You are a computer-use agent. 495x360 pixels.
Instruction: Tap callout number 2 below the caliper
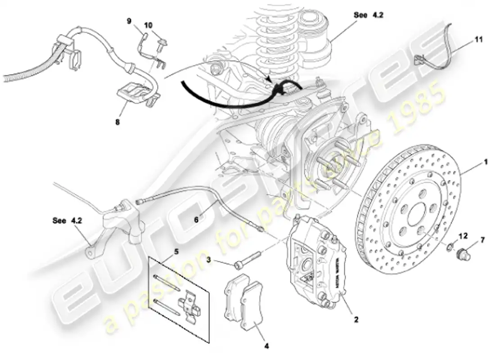[x=356, y=320]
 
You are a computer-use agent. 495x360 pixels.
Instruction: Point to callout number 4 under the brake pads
[x=266, y=346]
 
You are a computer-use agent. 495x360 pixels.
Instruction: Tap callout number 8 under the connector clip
[x=117, y=121]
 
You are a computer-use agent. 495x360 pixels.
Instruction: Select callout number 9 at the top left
[x=129, y=21]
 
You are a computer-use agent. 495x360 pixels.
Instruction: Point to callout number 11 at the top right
[x=478, y=40]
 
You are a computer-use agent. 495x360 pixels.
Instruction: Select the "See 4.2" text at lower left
[x=66, y=220]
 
